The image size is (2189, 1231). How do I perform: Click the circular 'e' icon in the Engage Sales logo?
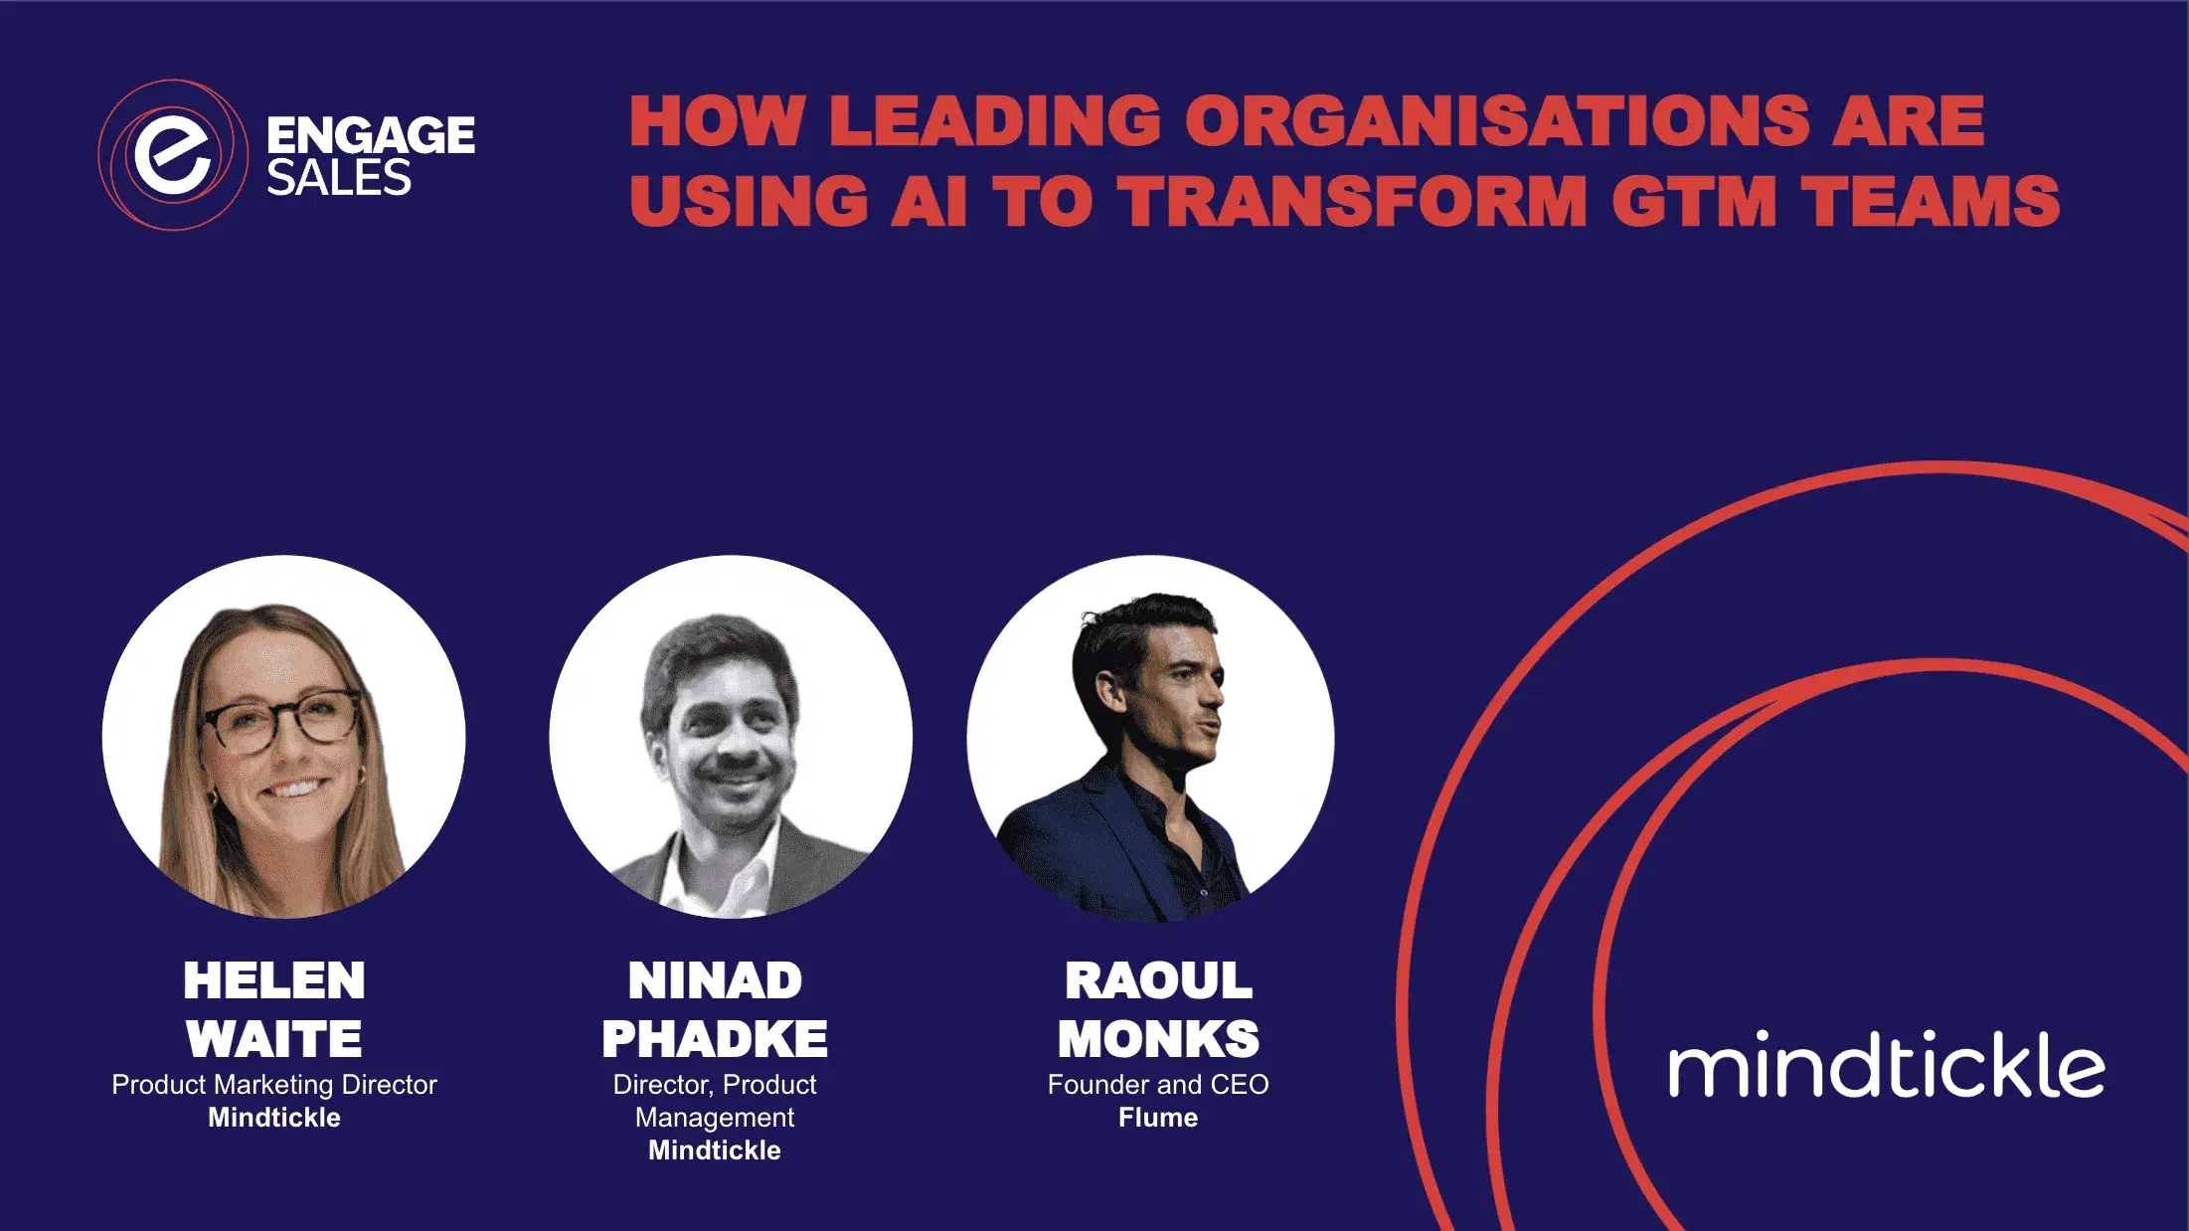173,155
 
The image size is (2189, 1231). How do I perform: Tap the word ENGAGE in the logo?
371,135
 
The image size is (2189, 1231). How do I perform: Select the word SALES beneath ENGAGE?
339,179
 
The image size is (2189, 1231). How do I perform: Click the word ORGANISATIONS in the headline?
1496,121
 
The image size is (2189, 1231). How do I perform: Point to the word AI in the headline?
928,201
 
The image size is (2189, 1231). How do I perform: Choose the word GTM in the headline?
1694,201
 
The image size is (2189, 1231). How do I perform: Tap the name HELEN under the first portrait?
274,980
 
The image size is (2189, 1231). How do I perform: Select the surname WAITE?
274,1039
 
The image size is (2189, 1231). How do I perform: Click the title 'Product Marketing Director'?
274,1085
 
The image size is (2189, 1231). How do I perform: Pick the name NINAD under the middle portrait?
715,980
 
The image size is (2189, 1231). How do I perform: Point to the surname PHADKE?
715,1039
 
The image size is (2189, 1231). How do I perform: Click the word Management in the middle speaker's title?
715,1118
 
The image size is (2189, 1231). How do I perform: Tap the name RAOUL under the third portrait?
1158,980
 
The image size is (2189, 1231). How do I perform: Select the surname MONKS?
1158,1039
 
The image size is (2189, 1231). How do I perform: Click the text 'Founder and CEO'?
1158,1085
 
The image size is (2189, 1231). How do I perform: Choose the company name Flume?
1158,1118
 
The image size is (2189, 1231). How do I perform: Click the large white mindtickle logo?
1886,1065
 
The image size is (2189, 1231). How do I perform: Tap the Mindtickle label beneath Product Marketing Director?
274,1118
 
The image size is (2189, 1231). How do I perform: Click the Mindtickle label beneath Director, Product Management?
715,1150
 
